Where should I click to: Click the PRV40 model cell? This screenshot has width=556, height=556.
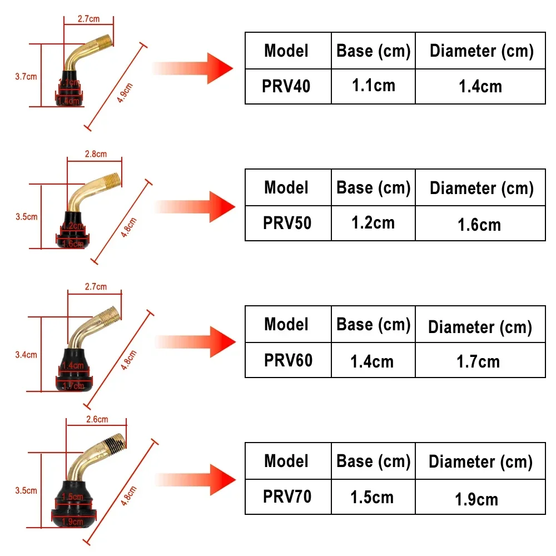[287, 86]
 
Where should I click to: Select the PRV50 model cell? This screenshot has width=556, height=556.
[287, 223]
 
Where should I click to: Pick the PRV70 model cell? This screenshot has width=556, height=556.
[287, 497]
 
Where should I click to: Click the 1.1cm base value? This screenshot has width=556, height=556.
[373, 86]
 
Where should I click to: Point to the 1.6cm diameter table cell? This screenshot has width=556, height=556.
[479, 225]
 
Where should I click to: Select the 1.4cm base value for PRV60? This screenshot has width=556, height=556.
[372, 361]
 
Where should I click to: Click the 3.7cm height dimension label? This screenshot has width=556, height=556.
[26, 77]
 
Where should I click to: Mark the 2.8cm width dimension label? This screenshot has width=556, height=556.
[95, 154]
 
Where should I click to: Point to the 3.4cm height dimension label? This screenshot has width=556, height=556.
[26, 355]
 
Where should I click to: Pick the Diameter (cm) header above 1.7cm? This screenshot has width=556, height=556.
[480, 327]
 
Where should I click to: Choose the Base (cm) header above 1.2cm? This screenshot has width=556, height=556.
[373, 187]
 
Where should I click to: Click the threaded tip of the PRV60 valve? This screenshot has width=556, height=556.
[112, 314]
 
